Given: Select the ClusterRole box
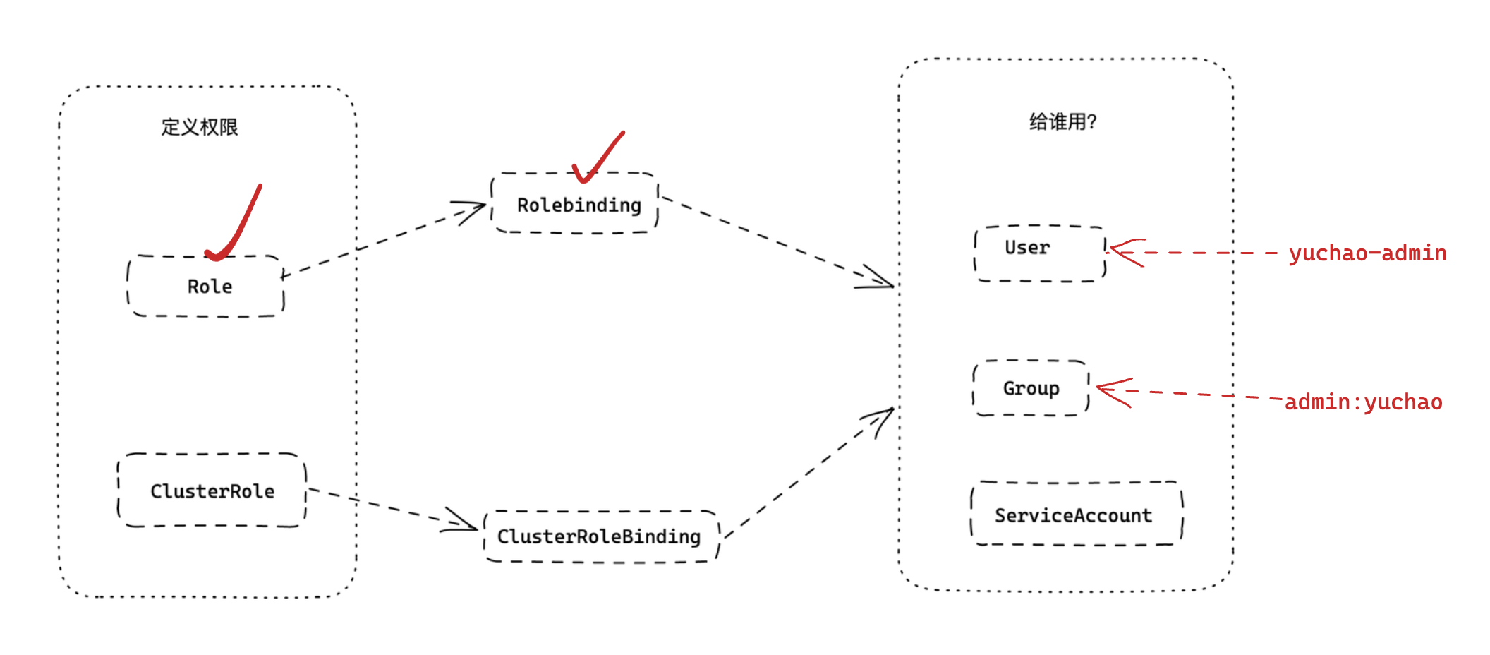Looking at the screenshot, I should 212,491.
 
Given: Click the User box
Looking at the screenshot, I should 1038,253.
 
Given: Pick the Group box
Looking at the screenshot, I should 1031,388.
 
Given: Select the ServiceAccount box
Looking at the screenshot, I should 1076,515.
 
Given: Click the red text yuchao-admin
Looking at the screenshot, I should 1367,253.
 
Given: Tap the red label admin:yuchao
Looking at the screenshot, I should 1363,402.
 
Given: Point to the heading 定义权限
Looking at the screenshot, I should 200,127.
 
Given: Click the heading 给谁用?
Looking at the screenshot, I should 1062,122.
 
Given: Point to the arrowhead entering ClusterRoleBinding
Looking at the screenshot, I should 463,523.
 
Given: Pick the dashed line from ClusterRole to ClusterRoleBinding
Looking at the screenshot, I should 381,505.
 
